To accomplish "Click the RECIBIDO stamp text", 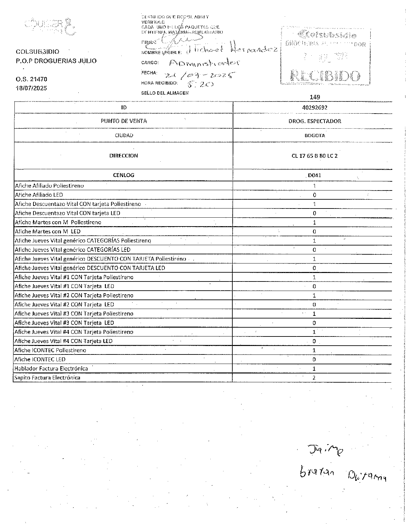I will point(325,76).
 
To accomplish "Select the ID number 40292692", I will point(314,107).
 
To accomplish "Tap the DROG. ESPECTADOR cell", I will point(315,121).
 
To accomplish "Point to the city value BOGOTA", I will point(315,136).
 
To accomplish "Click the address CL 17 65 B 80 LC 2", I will point(314,156).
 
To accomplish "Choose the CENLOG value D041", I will point(314,175).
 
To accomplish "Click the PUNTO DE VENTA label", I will point(124,121).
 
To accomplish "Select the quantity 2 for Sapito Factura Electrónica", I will point(314,378).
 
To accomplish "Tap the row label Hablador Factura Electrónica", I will point(51,369).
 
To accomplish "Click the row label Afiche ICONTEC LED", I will point(40,359).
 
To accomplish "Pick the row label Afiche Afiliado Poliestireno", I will point(49,186).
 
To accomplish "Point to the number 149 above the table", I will point(314,97).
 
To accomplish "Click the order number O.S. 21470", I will point(31,79).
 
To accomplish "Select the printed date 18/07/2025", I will point(31,88).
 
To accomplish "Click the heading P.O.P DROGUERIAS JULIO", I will point(56,61).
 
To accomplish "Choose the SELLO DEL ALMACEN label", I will point(165,93).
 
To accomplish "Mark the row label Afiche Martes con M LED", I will point(48,231).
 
